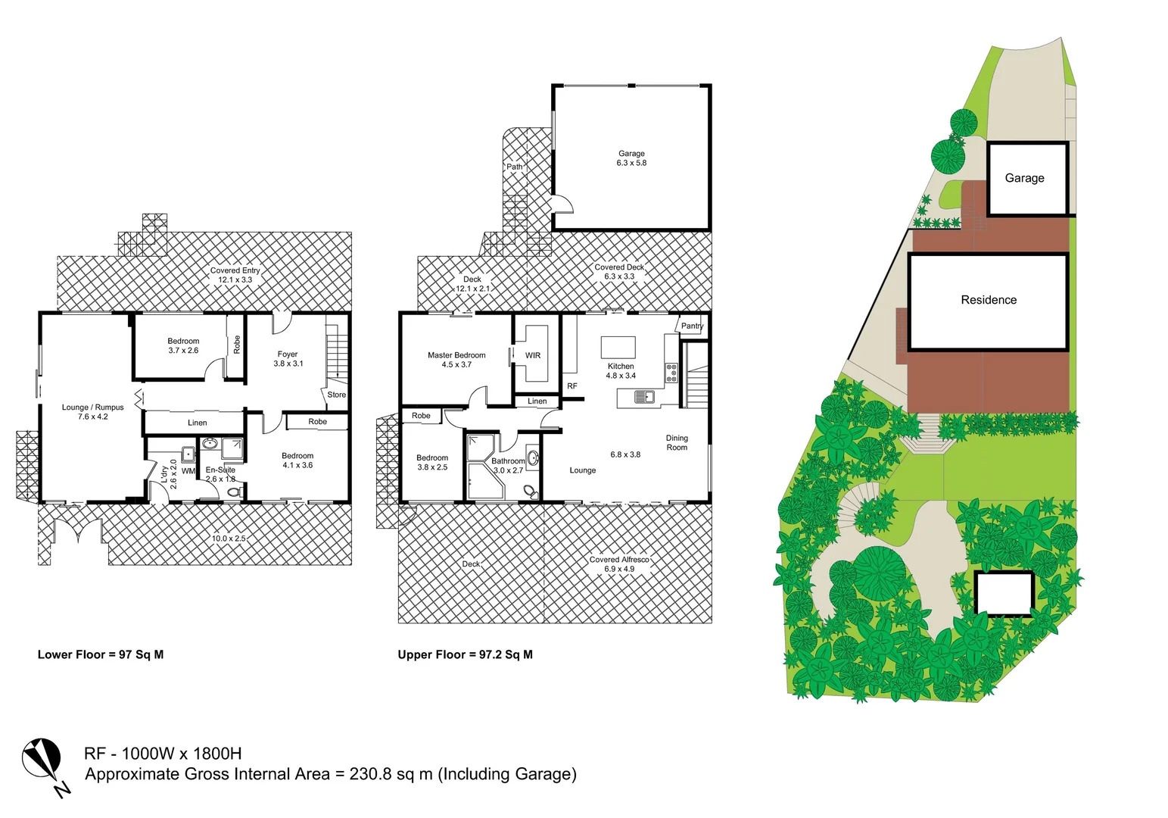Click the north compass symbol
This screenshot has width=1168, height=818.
[42, 760]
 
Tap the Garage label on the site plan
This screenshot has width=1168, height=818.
[1024, 178]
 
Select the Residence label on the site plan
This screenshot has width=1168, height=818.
[989, 300]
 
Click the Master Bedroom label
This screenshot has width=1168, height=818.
[456, 355]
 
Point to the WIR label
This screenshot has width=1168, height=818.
[533, 355]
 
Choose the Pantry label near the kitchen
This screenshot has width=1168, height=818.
[692, 326]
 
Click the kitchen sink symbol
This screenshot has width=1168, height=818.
[644, 396]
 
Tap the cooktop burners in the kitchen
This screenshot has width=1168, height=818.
[671, 373]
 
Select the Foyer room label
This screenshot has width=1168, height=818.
[288, 354]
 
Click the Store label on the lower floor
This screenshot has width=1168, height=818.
[337, 395]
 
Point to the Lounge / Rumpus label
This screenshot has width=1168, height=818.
[93, 407]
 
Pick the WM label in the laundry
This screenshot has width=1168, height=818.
[188, 471]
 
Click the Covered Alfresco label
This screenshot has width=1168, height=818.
[619, 560]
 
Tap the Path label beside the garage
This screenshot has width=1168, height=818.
[515, 167]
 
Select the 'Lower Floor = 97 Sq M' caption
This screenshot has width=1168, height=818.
[101, 654]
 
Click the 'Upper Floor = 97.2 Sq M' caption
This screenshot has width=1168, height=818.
[465, 654]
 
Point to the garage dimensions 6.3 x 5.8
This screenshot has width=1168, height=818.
[631, 163]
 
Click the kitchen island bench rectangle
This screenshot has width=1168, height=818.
[618, 348]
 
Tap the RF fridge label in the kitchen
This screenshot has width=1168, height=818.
[572, 386]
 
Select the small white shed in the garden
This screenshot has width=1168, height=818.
[1004, 593]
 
